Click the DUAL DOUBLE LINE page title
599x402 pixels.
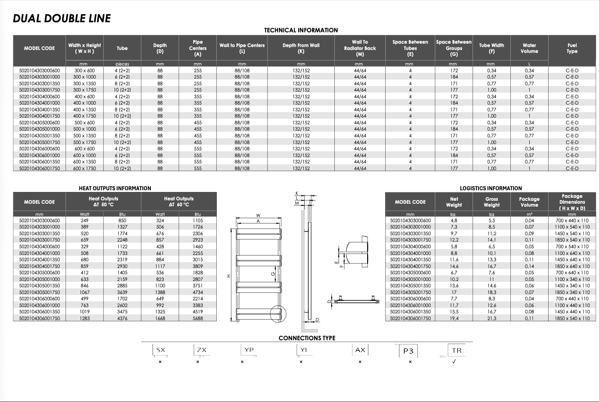pos(62,18)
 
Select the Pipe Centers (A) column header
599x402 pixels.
pos(197,48)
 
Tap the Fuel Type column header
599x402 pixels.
pos(572,48)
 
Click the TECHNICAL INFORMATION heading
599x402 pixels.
pos(301,30)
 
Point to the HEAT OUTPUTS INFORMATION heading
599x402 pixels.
pos(115,188)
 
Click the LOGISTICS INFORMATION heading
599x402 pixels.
pos(491,188)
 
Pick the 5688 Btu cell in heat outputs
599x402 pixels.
pos(197,318)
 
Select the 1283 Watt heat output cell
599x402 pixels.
pos(85,318)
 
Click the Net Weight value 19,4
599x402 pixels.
pos(454,318)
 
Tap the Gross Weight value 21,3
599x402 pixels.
pos(491,318)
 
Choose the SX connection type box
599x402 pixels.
pos(160,350)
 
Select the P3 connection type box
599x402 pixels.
pos(408,351)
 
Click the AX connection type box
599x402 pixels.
pos(360,350)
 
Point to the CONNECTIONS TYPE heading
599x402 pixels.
pos(307,338)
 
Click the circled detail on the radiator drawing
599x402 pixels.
pos(277,313)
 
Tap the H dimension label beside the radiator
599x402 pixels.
pos(229,276)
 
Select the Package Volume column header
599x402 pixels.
pos(529,202)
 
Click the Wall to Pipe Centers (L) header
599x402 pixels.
pos(242,48)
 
